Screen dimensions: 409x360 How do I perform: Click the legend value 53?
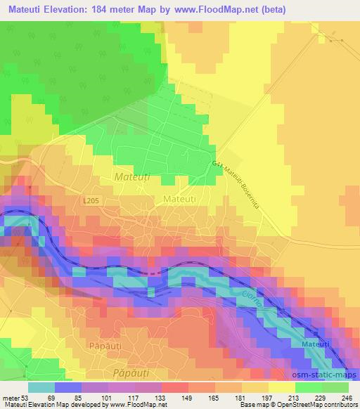coord(25,398)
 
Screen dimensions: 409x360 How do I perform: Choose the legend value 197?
coord(267,398)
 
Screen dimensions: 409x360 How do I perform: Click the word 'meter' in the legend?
coord(10,398)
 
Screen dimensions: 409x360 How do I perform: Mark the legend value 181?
coord(240,398)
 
